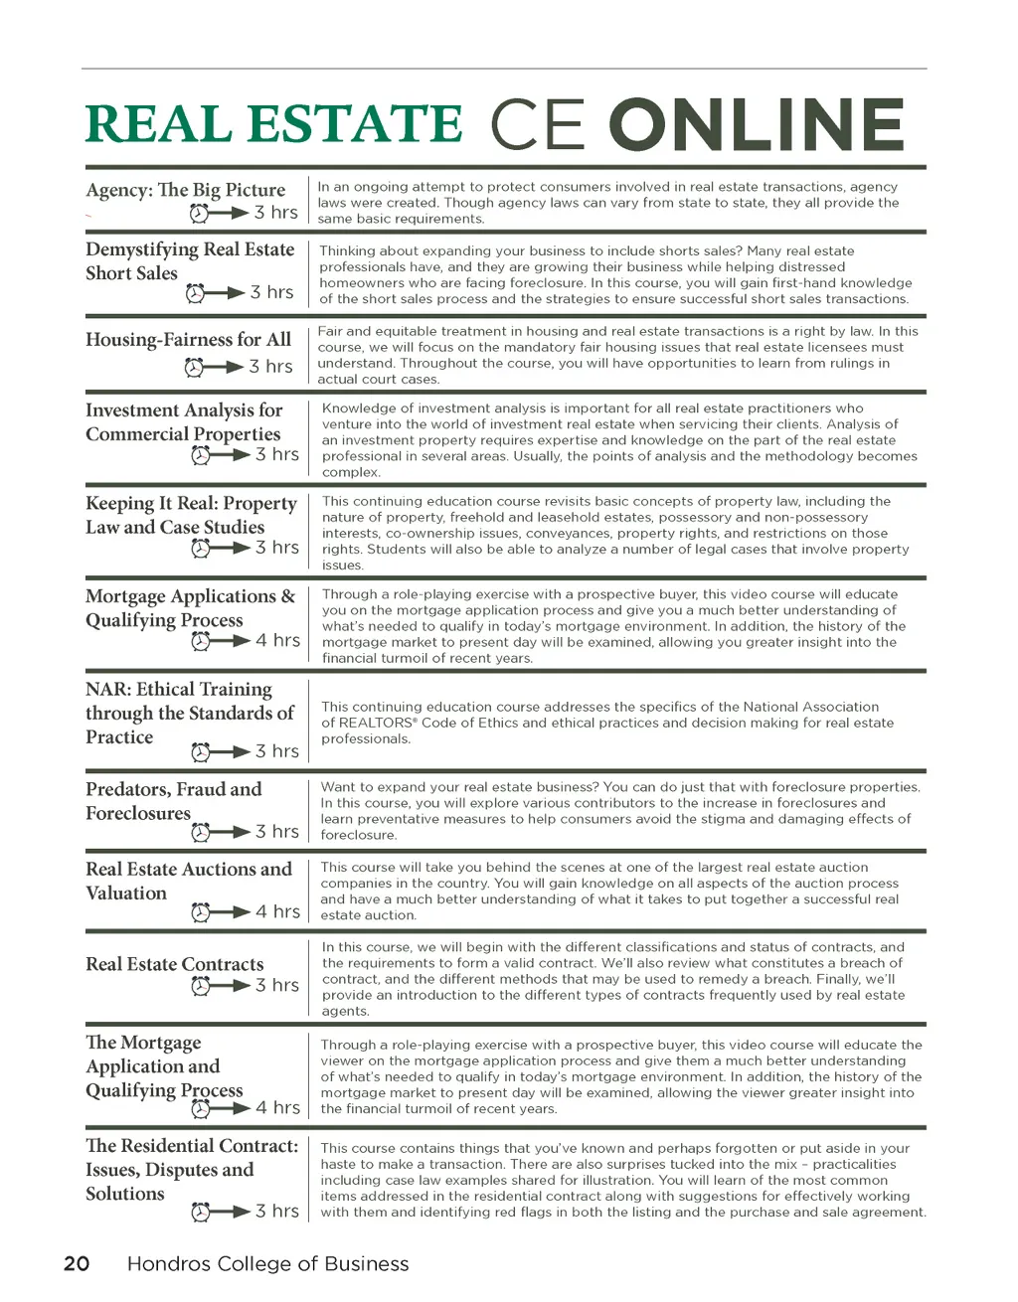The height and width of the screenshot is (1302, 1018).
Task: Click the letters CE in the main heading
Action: [x=537, y=125]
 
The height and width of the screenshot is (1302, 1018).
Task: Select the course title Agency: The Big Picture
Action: [x=185, y=190]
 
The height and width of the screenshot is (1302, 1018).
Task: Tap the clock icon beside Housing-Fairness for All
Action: [x=195, y=368]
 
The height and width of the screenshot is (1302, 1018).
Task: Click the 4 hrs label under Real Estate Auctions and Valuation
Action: [x=277, y=911]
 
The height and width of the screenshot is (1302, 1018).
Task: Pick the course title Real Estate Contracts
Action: [x=175, y=964]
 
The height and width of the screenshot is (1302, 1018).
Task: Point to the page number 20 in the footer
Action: [x=77, y=1263]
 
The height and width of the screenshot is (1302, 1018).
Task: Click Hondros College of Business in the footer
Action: [x=267, y=1263]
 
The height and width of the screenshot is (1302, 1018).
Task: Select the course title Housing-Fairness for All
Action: [x=188, y=340]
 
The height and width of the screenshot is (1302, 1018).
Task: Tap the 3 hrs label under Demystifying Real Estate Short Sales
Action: [x=271, y=292]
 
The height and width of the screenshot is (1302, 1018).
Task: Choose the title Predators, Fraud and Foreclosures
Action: [x=173, y=801]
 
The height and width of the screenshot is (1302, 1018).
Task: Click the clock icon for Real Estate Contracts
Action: [x=201, y=986]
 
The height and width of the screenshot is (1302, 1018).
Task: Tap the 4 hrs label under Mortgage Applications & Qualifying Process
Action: [x=277, y=641]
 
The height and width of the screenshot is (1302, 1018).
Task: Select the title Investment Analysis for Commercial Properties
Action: [x=184, y=422]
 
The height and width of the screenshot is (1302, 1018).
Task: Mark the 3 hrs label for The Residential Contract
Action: [x=276, y=1211]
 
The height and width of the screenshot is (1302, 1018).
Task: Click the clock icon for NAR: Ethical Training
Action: [x=201, y=752]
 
